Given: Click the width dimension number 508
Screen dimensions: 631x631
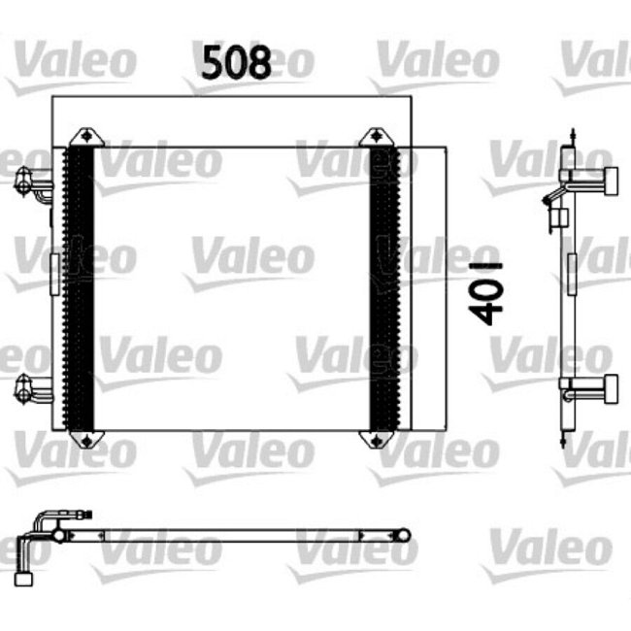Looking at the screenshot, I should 236,63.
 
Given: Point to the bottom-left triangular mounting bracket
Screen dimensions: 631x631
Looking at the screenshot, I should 88,440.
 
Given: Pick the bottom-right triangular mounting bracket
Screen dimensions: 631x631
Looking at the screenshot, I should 374,440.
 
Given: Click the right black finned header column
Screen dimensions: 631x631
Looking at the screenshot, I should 385,288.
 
